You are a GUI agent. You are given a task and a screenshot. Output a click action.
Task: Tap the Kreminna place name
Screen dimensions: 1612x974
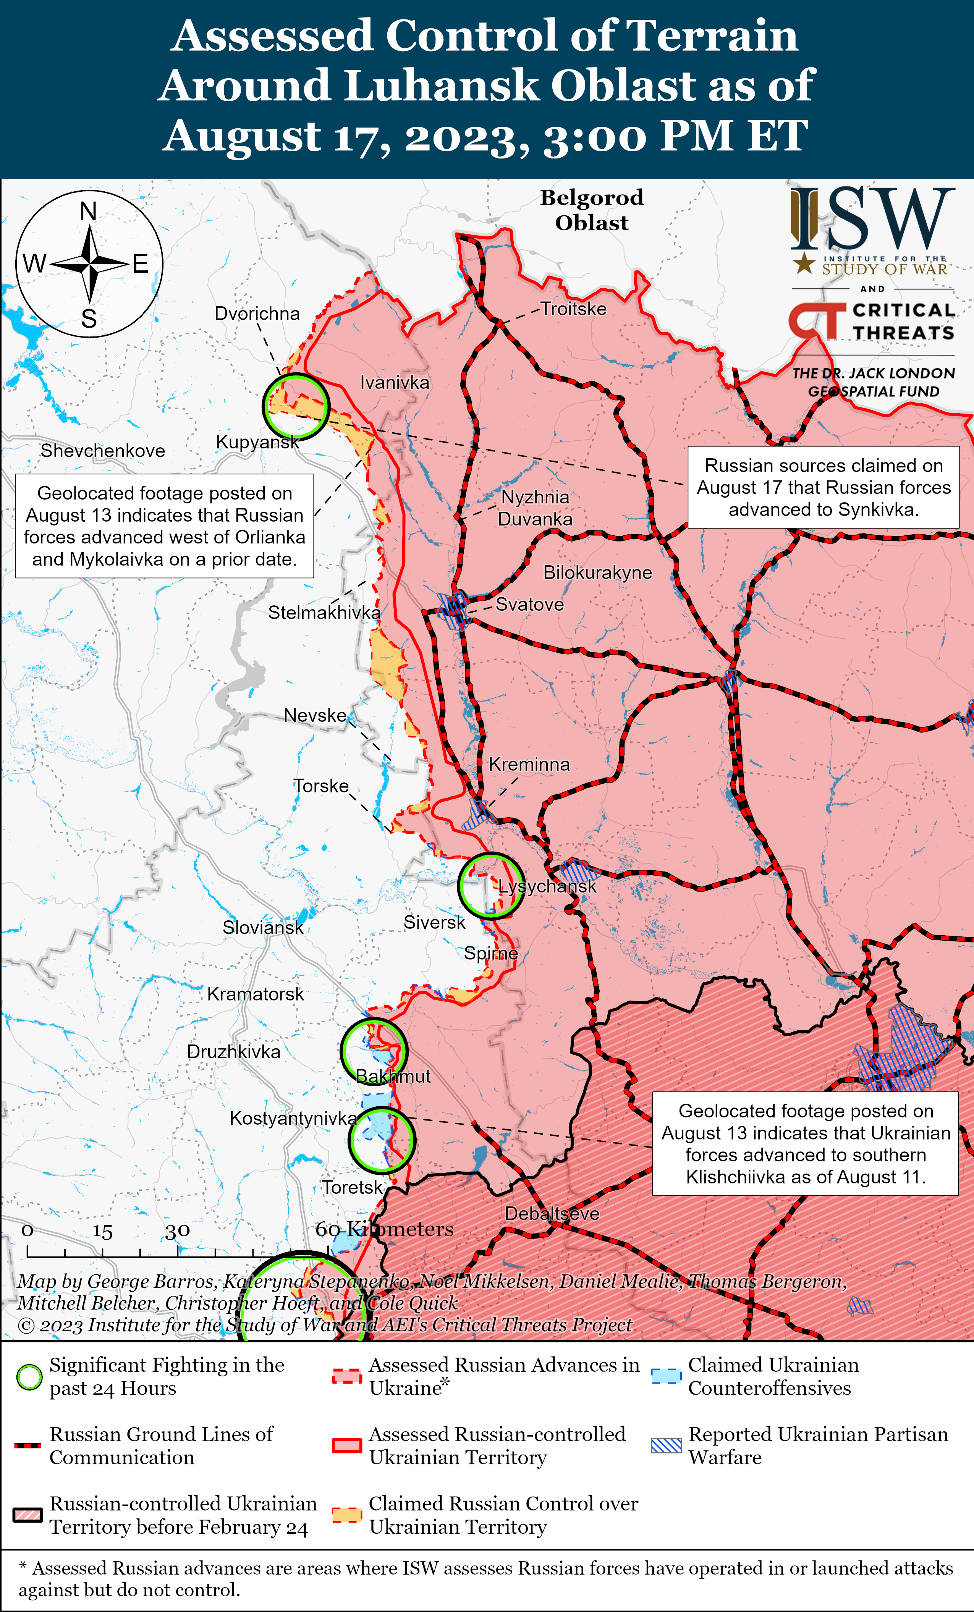[x=529, y=764]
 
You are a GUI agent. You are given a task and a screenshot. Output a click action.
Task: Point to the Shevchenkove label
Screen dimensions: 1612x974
[x=103, y=451]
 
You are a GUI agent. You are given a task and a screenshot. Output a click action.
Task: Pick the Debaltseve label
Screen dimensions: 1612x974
[x=552, y=1214]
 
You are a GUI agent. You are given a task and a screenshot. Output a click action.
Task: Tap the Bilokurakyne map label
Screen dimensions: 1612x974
[x=597, y=572]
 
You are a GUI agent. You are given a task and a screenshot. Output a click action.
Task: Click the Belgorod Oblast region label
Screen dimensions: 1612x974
[x=591, y=210]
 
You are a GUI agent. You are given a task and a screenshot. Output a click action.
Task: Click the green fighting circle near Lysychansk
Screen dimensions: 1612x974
[x=490, y=886]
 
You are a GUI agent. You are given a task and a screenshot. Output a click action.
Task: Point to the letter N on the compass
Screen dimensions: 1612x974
[x=88, y=211]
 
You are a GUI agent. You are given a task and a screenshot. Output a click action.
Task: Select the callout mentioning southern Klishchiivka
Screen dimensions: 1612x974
[x=805, y=1143]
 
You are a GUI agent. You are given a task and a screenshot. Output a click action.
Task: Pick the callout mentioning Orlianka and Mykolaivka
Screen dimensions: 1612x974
[x=164, y=526]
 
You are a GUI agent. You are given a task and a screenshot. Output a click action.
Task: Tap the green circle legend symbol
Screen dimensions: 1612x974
[x=29, y=1376]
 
